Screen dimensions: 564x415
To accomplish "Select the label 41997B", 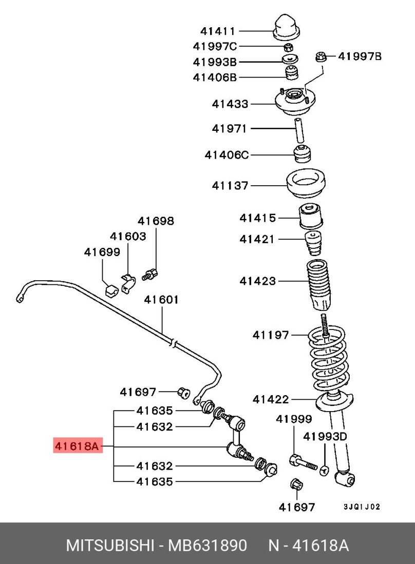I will (x=360, y=56).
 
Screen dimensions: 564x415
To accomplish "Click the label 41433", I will (x=230, y=104).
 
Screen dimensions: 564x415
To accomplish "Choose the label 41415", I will (x=257, y=218).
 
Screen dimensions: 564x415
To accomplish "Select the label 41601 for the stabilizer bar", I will (x=161, y=300).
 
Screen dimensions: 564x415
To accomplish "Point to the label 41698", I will (x=156, y=221).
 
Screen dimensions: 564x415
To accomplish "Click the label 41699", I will (x=102, y=252).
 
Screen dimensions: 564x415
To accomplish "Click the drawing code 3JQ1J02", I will (x=362, y=507).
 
